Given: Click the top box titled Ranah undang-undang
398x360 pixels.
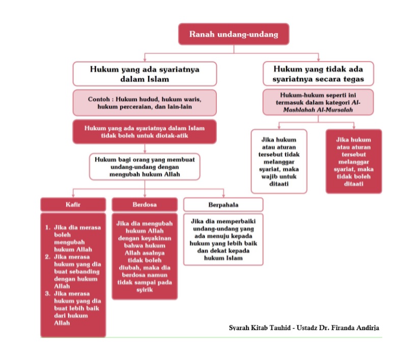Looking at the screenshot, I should (x=234, y=35).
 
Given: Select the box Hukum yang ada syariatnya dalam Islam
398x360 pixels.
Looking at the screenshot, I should (x=145, y=74).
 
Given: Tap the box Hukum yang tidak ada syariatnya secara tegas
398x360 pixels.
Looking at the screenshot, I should (x=318, y=74).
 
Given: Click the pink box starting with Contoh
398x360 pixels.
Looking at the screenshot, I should (x=145, y=103).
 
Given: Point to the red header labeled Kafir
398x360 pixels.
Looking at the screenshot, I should (x=73, y=204).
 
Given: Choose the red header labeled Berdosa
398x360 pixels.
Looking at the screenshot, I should (x=145, y=204).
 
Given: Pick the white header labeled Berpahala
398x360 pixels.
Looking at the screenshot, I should (x=223, y=204).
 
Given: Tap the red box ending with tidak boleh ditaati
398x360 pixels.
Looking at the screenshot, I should (x=353, y=161).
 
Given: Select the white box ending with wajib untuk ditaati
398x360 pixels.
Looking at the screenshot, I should (x=279, y=161).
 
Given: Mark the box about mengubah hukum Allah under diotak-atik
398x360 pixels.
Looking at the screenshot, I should (x=145, y=167).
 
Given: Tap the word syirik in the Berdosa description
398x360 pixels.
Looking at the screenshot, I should (x=145, y=289).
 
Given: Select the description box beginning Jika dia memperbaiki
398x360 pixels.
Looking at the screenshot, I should (x=223, y=239).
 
